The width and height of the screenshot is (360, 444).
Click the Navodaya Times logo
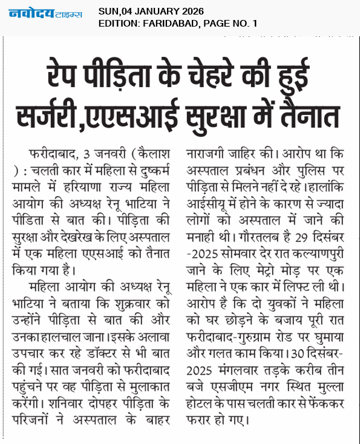pyautogui.click(x=46, y=15)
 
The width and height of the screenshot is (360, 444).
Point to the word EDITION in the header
pyautogui.click(x=118, y=23)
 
